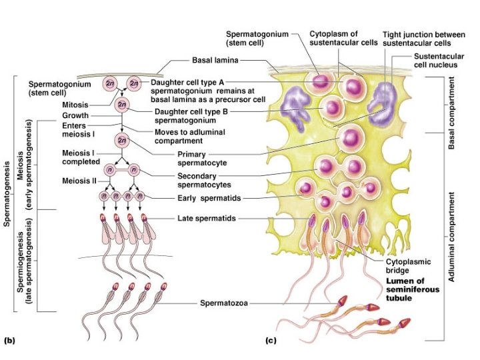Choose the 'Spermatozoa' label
pos(225,304)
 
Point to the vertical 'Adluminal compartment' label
pos(452,237)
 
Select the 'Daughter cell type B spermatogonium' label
pos(193,116)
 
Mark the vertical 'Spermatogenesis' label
pos(7,193)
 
